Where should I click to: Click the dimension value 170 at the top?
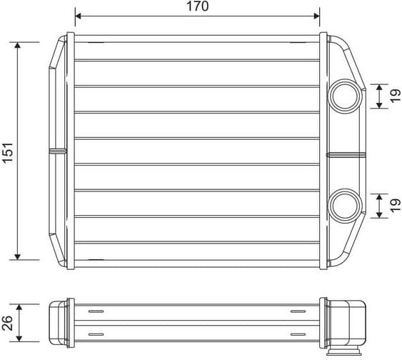point(198,6)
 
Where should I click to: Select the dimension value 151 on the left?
point(7,151)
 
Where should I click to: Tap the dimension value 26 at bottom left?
point(7,322)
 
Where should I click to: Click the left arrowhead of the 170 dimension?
point(79,15)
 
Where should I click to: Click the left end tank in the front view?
point(57,151)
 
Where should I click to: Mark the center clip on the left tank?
point(56,151)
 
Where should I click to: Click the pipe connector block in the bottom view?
point(350,322)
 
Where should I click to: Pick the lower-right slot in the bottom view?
point(298,334)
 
